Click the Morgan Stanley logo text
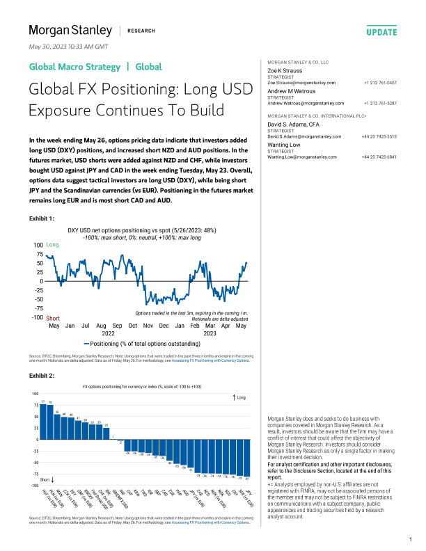(x=69, y=31)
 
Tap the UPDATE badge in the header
(x=381, y=32)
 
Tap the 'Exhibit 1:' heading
(x=41, y=218)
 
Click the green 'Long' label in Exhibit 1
(x=52, y=246)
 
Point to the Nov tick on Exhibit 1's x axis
(x=148, y=326)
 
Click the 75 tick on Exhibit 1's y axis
(x=39, y=255)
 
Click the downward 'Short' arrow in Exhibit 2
(x=54, y=480)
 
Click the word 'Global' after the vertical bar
(x=148, y=67)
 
